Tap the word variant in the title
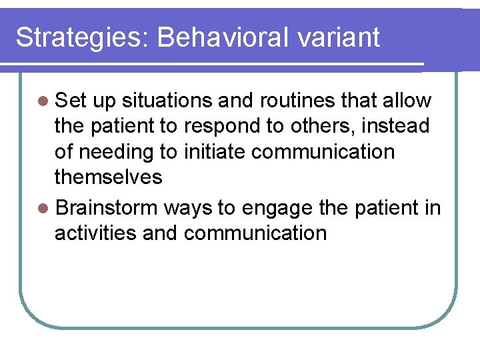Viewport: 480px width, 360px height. point(339,38)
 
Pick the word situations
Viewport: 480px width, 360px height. point(167,101)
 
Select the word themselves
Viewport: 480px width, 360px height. point(109,177)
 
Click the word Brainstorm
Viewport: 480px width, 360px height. point(107,209)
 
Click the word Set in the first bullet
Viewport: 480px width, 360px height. point(71,101)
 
